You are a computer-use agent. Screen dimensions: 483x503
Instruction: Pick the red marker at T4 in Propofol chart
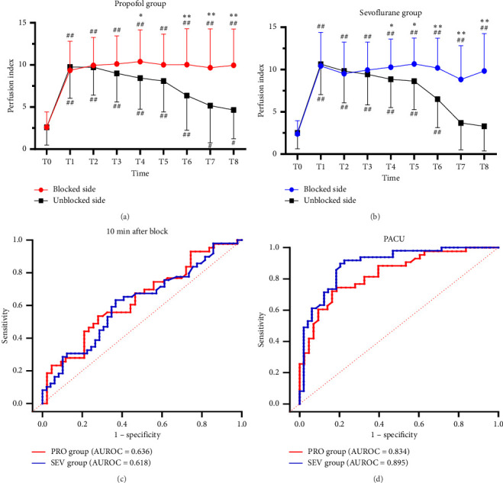[140, 62]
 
